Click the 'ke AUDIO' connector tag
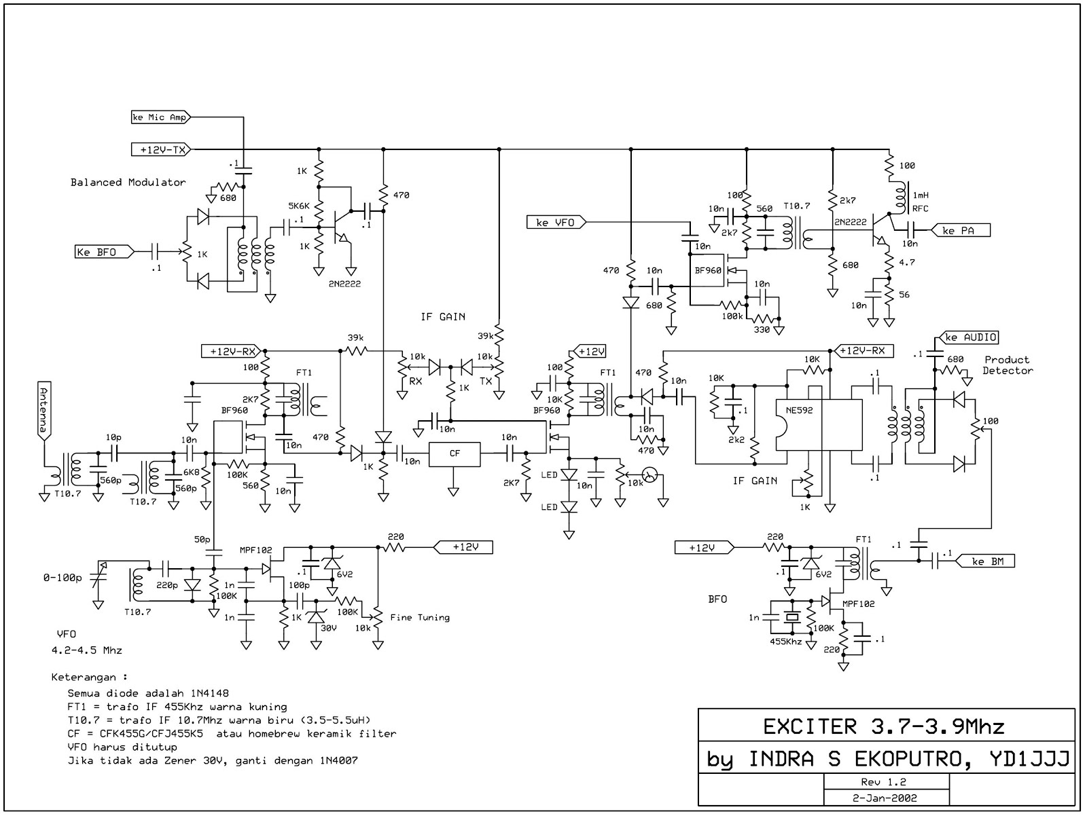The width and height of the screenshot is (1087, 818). point(970,337)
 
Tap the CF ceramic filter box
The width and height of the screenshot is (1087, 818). point(455,453)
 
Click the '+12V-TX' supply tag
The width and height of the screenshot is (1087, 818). point(161,149)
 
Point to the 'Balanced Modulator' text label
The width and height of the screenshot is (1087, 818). point(128,182)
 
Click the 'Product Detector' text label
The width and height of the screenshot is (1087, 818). point(1008,365)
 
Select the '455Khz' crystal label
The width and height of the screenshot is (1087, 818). point(785,641)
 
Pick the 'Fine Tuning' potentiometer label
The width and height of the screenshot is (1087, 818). point(420,617)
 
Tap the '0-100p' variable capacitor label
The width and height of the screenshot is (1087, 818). point(62,578)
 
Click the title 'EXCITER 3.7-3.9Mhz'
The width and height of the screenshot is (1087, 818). point(883,727)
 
